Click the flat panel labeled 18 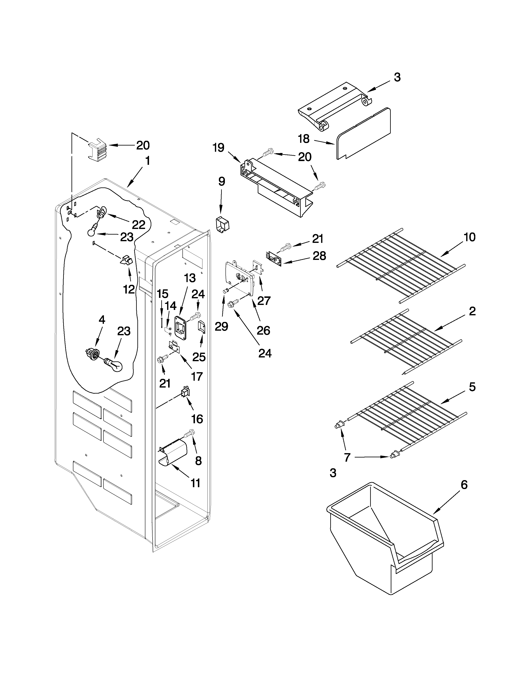point(364,133)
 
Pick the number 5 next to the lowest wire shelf point(472,387)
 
